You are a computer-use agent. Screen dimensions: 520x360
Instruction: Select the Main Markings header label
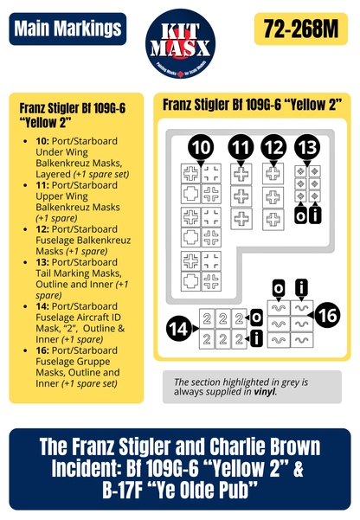66,29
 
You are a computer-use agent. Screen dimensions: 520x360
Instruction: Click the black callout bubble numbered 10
200,146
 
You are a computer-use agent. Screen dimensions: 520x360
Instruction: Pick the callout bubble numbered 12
274,146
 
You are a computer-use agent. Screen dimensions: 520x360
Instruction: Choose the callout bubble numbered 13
305,146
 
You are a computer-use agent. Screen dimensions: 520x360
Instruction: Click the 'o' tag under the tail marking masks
299,214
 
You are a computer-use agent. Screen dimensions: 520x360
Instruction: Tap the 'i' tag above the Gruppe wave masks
301,287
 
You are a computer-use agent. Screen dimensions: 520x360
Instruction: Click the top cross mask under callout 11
242,174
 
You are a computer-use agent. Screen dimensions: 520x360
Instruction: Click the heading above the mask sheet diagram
252,105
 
